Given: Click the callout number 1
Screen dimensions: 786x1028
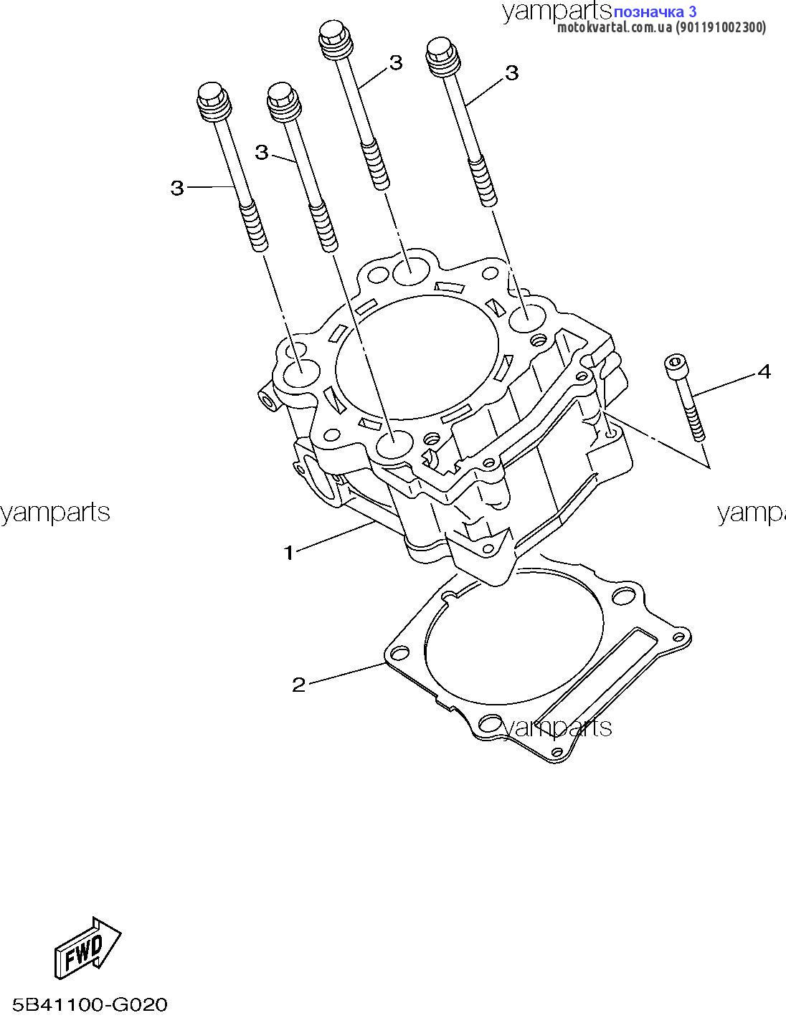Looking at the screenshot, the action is click(288, 553).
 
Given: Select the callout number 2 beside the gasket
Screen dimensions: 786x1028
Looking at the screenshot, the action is click(299, 685).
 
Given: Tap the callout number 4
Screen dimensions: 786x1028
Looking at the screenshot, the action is click(764, 372).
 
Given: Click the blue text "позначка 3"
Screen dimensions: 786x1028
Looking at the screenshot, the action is click(655, 11).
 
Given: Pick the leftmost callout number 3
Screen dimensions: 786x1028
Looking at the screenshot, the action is click(177, 189).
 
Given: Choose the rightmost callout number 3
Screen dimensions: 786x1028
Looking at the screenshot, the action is click(512, 73).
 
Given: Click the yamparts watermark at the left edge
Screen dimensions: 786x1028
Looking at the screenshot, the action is click(55, 513).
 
